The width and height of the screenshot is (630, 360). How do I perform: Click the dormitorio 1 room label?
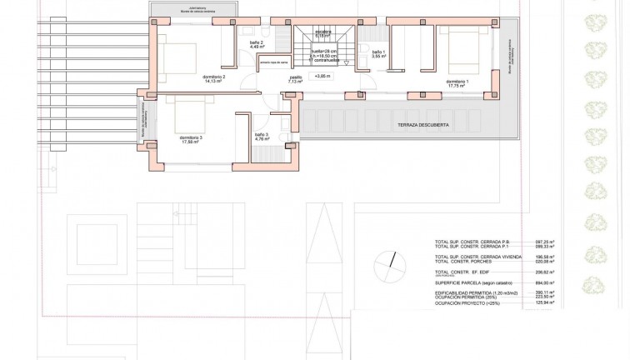click(x=457, y=82)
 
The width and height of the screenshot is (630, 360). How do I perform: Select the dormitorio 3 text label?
click(x=190, y=138)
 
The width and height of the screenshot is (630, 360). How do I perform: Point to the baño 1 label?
click(x=378, y=53)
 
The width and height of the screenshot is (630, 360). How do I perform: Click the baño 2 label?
click(x=257, y=44)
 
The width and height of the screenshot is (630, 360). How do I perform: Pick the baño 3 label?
click(x=261, y=136)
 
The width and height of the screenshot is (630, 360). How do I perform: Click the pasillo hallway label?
click(x=296, y=79)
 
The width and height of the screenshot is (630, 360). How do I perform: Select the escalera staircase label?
click(x=323, y=34)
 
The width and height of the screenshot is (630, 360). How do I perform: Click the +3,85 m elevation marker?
click(x=322, y=76)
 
